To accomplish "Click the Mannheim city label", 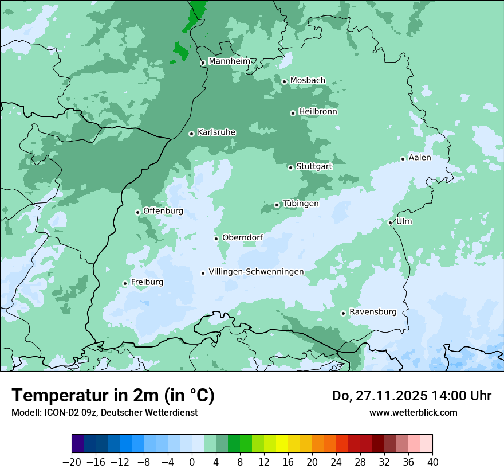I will point(229,61).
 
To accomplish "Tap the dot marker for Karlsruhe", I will point(192,134).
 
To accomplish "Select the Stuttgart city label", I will point(314,166).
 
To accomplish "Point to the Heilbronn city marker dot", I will point(293,113).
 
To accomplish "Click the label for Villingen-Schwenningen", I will point(256,272).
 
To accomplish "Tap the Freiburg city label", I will point(147,282).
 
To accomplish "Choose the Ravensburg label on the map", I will point(372,312).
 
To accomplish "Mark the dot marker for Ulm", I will point(390,223).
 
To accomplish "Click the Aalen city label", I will point(420,158).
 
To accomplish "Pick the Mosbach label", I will point(308,80).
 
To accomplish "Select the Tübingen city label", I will point(301,204).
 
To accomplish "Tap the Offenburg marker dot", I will point(137,212).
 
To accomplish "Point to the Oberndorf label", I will point(242,237).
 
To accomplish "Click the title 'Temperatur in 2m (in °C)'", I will point(113,395).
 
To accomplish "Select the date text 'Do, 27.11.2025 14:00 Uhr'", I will point(412,396).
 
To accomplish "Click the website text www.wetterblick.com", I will point(413,412).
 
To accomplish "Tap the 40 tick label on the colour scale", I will point(432,462).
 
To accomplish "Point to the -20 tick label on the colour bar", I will point(72,462).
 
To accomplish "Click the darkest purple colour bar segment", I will point(78,444).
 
